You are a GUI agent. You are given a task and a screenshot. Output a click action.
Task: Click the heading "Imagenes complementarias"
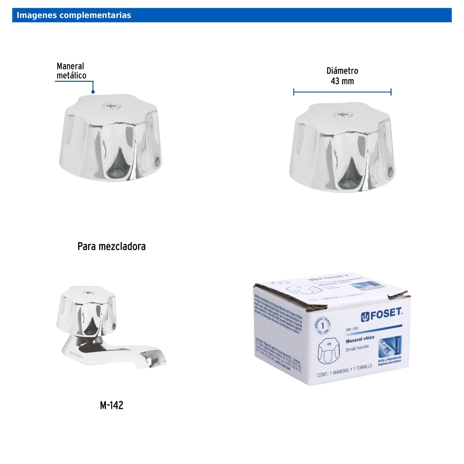click(74, 15)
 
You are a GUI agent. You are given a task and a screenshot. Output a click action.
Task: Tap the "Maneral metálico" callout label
click(71, 71)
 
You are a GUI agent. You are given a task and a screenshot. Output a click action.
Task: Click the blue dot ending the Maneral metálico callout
click(93, 92)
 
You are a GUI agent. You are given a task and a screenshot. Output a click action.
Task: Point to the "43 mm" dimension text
click(342, 81)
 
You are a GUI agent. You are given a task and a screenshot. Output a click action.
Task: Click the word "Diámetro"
click(342, 71)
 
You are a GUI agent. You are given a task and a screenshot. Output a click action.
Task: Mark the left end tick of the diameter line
click(294, 92)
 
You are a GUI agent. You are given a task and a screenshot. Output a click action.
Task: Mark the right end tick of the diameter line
click(391, 92)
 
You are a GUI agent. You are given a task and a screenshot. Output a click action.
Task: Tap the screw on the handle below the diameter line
click(343, 114)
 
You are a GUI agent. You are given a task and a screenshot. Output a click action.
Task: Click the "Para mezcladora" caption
click(111, 247)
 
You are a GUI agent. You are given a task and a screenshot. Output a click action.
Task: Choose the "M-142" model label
click(111, 405)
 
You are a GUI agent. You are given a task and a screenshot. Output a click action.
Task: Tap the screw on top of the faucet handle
click(88, 293)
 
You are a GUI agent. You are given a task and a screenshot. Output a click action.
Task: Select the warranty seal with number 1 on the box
click(323, 326)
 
